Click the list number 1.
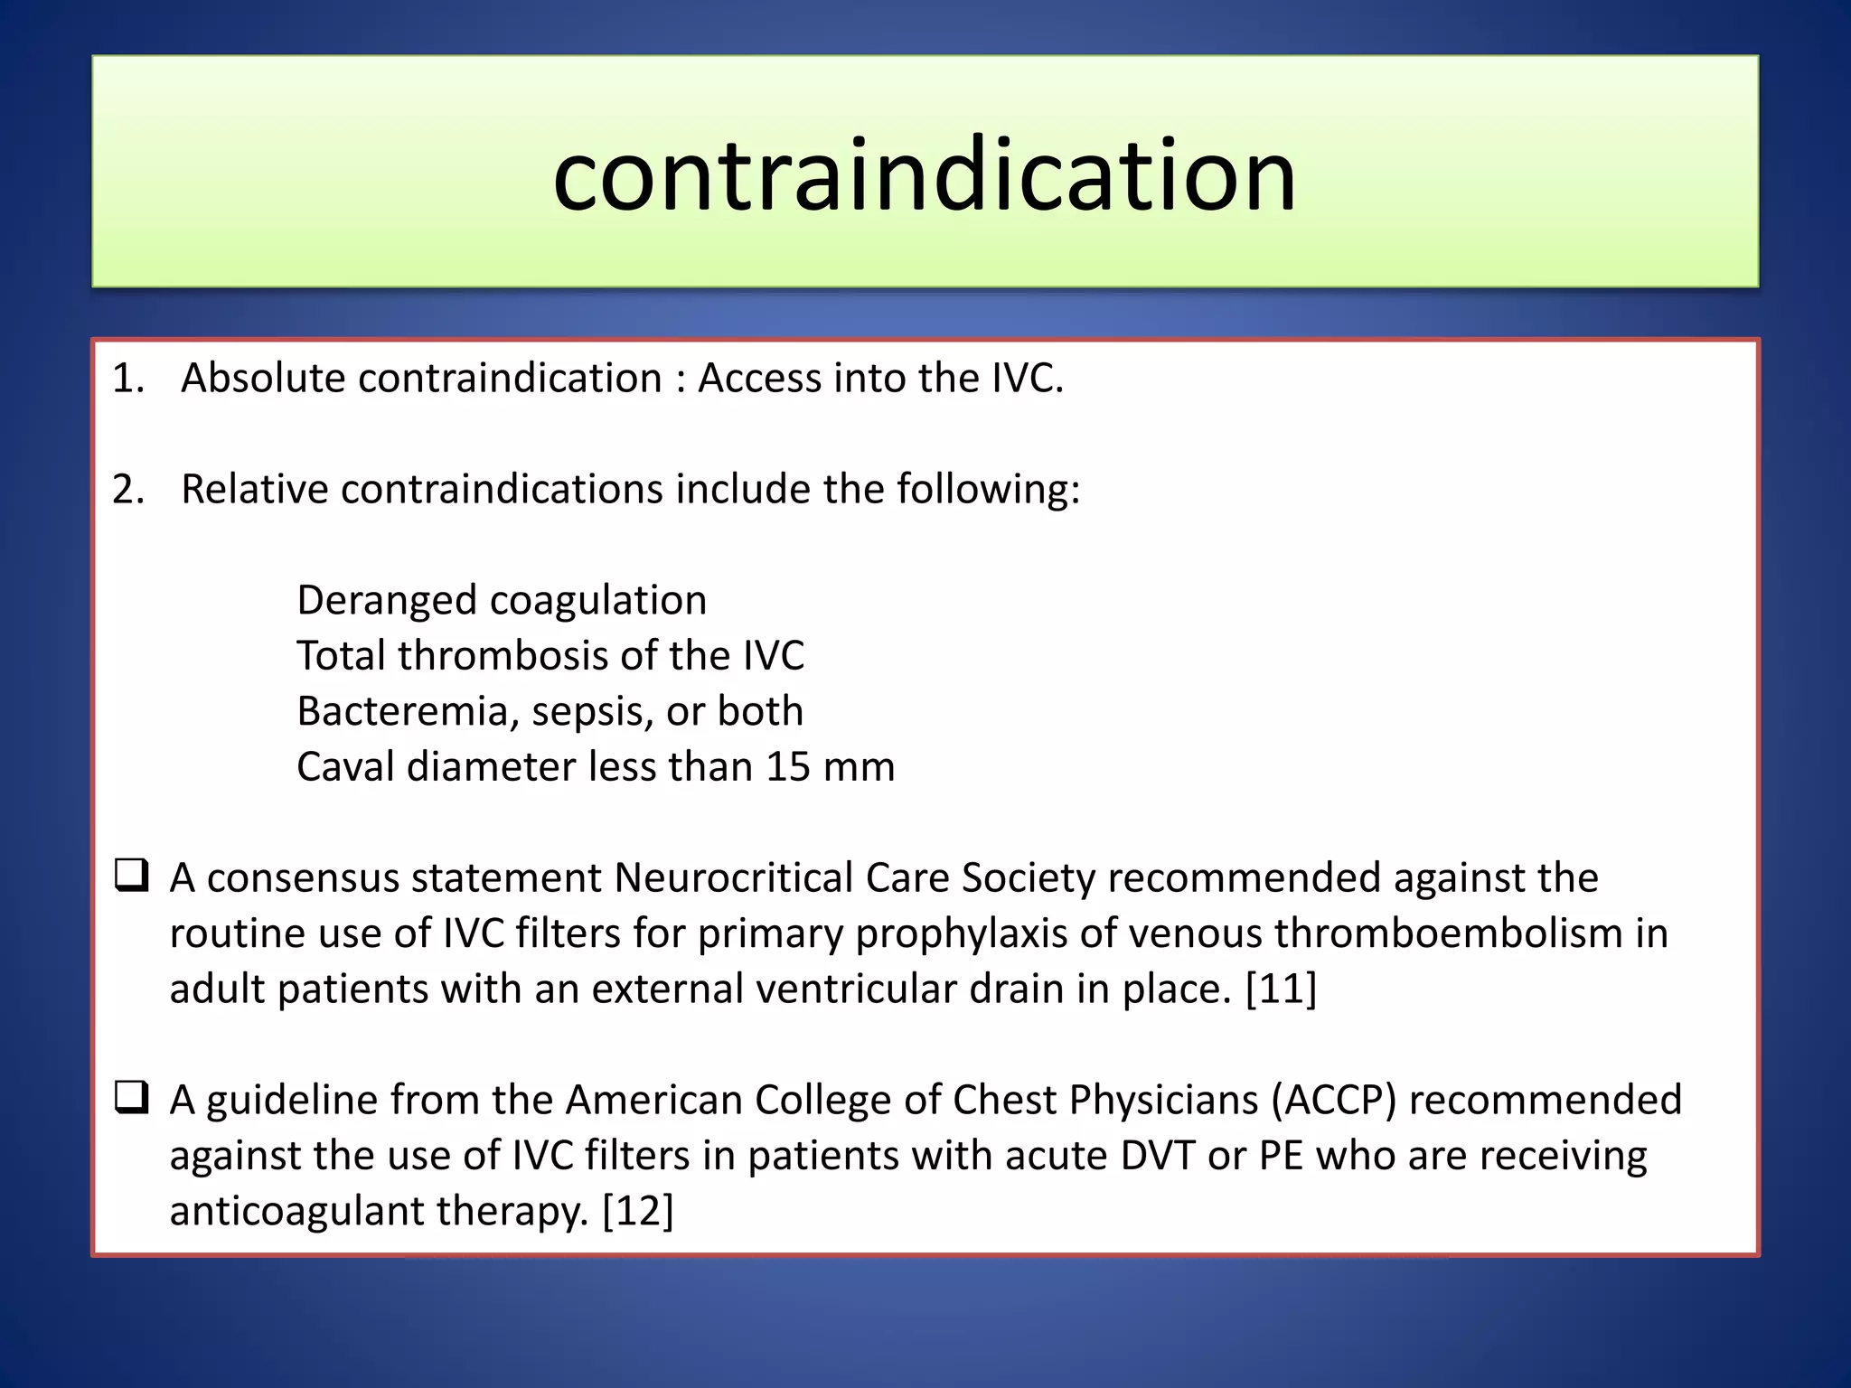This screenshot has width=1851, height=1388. pyautogui.click(x=127, y=378)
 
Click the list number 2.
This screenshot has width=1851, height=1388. pyautogui.click(x=127, y=489)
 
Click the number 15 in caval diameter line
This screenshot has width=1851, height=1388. pyautogui.click(x=788, y=766)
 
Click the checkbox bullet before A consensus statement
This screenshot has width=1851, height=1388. pyautogui.click(x=132, y=876)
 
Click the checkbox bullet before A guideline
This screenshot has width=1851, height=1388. pyautogui.click(x=132, y=1098)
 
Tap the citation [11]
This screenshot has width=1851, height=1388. pyautogui.click(x=1281, y=989)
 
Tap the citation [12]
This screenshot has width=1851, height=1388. pyautogui.click(x=638, y=1211)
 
